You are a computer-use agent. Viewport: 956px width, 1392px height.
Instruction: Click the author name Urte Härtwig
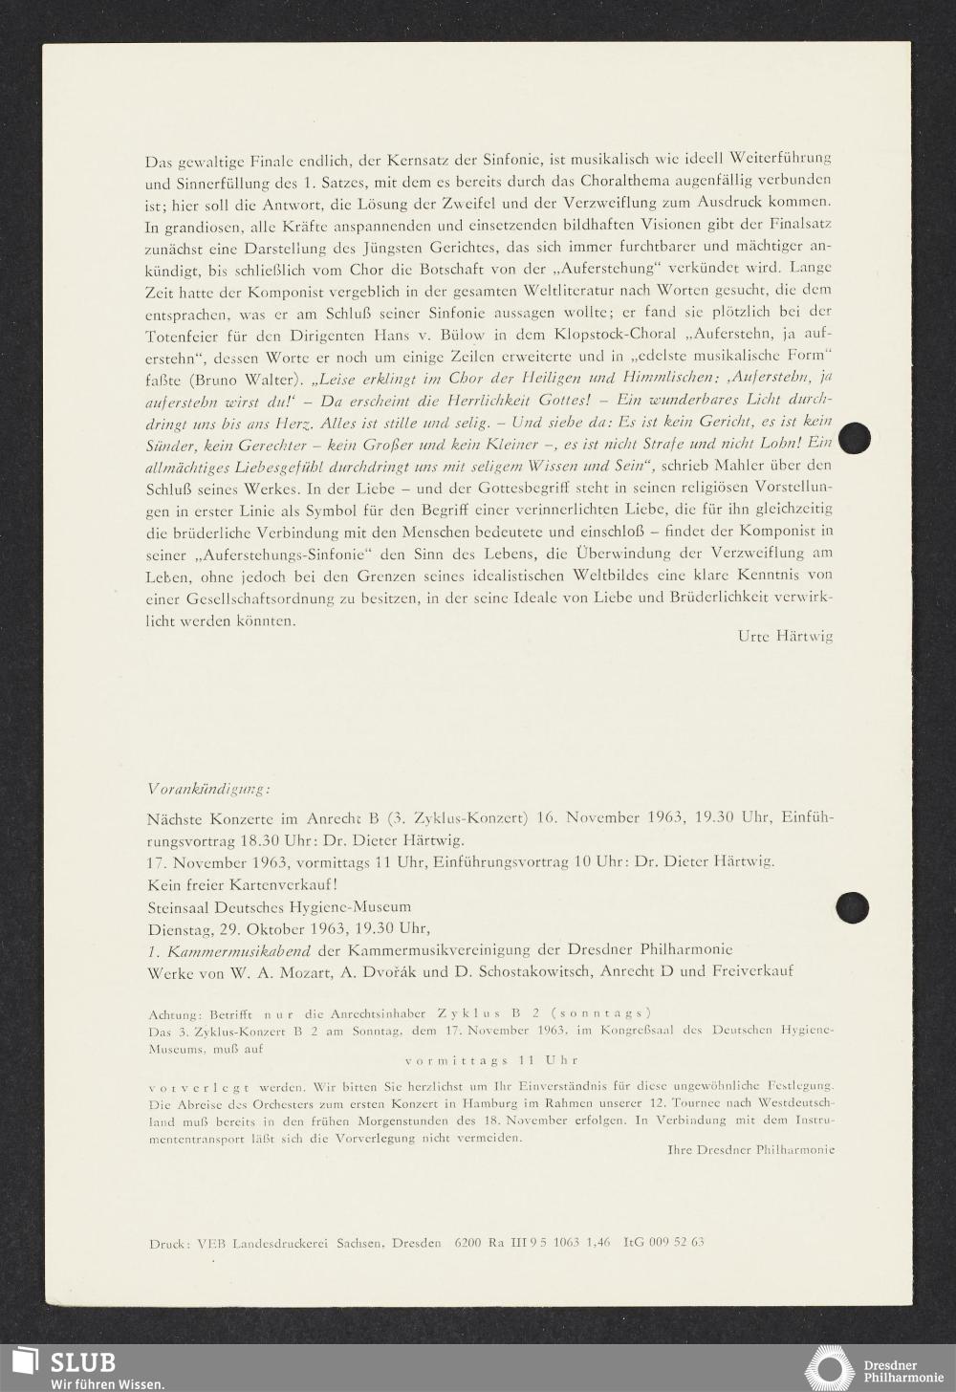click(785, 636)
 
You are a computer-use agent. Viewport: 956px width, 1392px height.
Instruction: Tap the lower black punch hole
click(852, 906)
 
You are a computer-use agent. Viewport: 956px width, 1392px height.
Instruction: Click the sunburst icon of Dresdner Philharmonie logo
click(830, 1368)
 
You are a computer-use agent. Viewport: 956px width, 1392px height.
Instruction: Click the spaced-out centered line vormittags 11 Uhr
click(491, 1059)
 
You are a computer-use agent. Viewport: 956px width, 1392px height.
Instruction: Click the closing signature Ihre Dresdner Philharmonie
click(750, 1149)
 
